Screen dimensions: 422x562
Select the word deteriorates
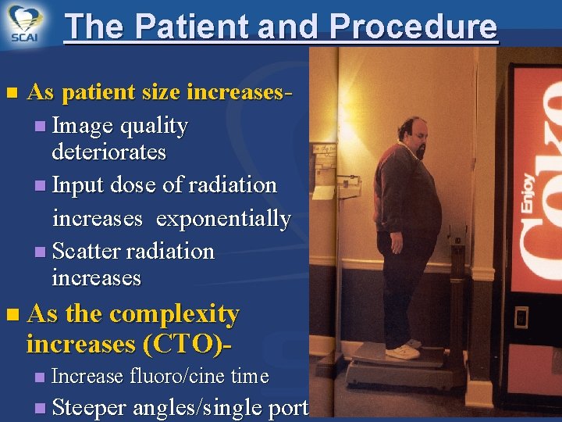pyautogui.click(x=108, y=152)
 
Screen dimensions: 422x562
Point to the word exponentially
pyautogui.click(x=223, y=219)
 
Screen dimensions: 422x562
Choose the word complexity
pyautogui.click(x=174, y=314)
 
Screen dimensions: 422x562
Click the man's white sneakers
pyautogui.click(x=403, y=349)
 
